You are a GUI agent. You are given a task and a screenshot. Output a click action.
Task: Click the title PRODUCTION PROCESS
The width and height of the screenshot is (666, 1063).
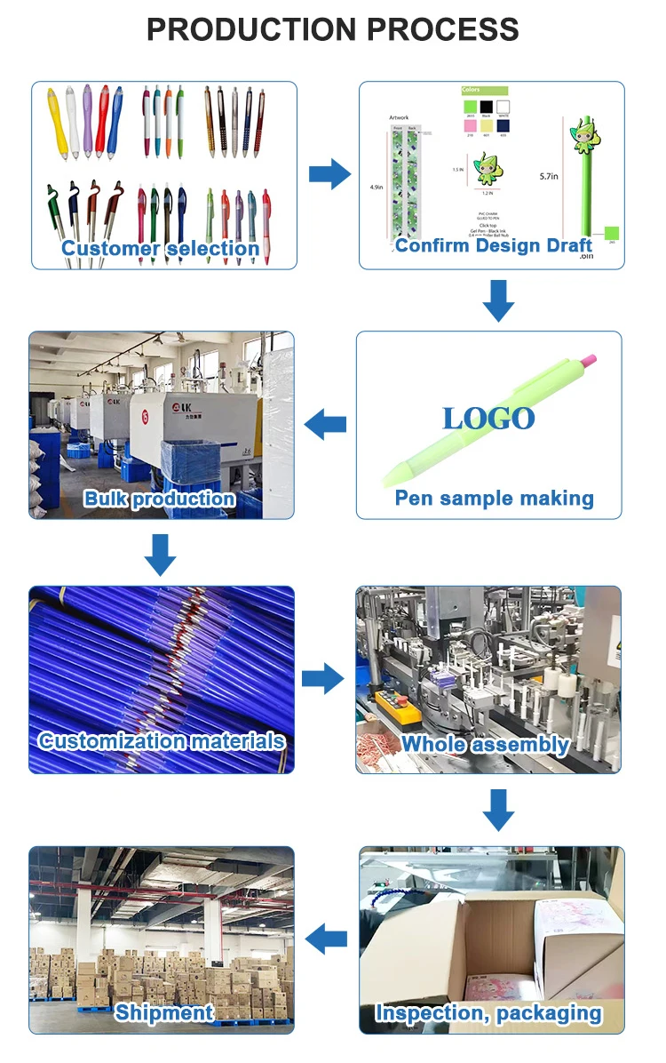[x=333, y=29]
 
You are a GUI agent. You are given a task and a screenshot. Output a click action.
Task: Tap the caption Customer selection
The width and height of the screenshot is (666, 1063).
[x=161, y=248]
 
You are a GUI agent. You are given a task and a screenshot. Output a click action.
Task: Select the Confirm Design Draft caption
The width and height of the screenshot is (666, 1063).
[x=494, y=245]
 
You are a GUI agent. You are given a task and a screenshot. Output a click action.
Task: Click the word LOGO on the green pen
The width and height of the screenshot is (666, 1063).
[x=488, y=419]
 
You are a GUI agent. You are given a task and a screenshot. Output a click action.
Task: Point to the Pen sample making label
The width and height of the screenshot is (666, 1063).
[x=494, y=498]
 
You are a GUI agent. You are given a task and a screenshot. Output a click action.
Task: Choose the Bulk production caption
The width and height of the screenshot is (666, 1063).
[x=160, y=499]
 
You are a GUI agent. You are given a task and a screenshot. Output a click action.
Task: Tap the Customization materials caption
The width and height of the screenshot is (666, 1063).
[x=162, y=741]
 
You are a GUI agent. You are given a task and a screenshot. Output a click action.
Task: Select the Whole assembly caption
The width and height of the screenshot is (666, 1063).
[x=485, y=744]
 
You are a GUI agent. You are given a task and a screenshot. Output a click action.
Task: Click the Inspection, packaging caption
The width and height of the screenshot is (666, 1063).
[x=488, y=1012]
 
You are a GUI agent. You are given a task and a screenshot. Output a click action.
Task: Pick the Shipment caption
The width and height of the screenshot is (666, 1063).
[x=164, y=1012]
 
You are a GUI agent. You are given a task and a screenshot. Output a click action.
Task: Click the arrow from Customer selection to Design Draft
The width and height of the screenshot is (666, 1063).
[x=329, y=173]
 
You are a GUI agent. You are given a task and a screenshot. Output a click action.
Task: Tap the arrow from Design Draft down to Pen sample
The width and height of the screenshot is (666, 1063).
[x=498, y=300]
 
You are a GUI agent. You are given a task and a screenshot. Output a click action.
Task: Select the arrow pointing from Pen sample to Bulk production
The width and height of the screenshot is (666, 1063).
[x=325, y=426]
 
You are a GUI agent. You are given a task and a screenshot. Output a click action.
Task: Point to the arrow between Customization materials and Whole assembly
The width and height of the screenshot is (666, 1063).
[x=322, y=679]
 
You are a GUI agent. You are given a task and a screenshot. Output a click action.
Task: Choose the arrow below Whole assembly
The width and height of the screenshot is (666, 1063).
[x=498, y=808]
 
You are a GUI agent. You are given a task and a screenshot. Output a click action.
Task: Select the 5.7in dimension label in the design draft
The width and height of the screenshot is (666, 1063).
[x=549, y=177]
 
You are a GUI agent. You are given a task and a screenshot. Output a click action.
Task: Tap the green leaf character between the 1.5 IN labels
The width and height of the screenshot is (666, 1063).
[x=484, y=167]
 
